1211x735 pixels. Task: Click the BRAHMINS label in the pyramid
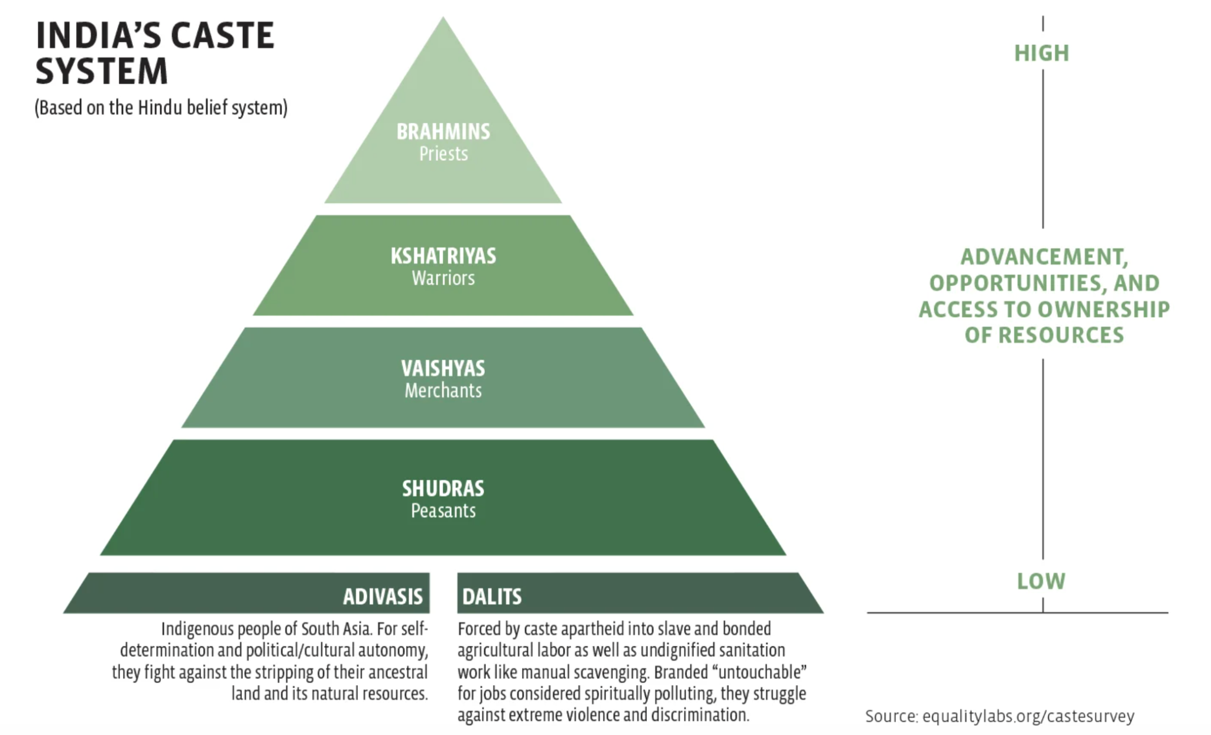443,131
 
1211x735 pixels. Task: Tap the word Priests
443,154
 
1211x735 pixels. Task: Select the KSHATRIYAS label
443,256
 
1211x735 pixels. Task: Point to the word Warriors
443,278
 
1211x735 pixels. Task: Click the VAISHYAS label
443,369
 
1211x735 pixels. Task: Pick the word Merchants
443,391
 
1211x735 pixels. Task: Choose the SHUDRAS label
443,489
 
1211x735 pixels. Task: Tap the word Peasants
443,510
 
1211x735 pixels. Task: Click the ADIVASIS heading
383,596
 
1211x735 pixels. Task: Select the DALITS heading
492,596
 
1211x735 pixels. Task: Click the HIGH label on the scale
1041,53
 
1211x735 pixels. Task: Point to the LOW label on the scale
1041,581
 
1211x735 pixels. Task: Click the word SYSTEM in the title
102,71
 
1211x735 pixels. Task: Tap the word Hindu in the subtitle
160,108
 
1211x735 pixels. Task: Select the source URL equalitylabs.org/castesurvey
1028,717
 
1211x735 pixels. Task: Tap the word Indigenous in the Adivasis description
197,629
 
